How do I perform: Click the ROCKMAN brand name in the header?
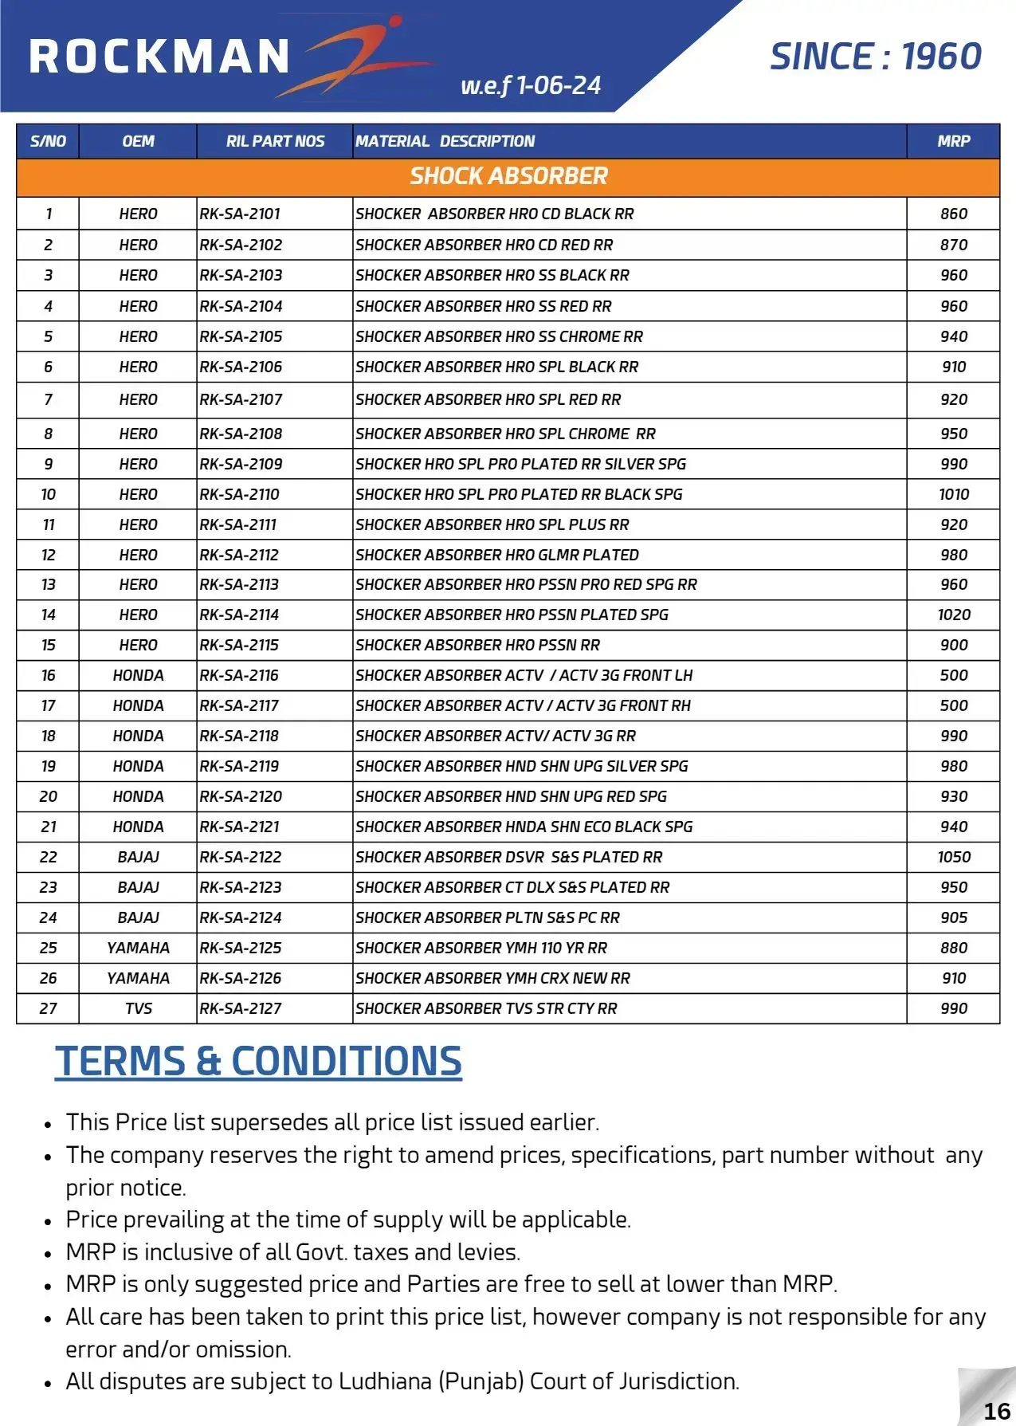pos(159,57)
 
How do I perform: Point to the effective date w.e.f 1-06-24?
pos(531,85)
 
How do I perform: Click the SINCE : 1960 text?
pos(875,57)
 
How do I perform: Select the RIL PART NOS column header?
pos(275,142)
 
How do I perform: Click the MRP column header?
pos(953,142)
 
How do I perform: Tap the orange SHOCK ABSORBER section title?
pos(508,176)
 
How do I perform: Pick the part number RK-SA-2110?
pos(240,494)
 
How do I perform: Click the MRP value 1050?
pos(953,857)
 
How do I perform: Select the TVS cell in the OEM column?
pos(138,1008)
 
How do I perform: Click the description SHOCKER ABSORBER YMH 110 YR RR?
pos(481,948)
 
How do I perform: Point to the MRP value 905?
pos(953,917)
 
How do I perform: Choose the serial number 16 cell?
pos(48,675)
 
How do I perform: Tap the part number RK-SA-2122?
pos(241,857)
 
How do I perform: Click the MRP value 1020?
pos(953,615)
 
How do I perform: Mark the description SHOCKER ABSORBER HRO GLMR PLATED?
pos(497,555)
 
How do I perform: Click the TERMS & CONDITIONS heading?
pos(258,1062)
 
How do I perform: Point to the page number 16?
pos(996,1411)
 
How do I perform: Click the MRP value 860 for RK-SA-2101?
pos(953,214)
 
